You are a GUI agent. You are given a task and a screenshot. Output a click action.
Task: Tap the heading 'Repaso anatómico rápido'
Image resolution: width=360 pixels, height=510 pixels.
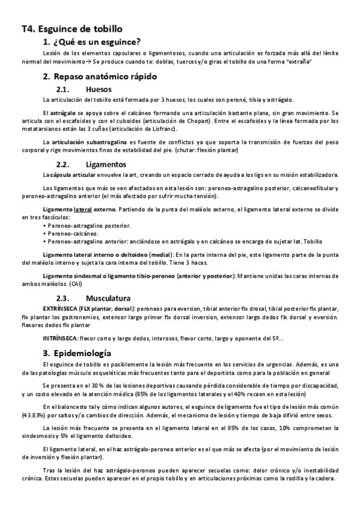(105, 76)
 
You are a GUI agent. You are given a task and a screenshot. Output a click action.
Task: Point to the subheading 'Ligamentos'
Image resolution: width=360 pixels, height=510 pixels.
(106, 164)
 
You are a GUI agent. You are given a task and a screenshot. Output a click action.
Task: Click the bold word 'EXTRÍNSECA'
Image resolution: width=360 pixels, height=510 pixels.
(61, 309)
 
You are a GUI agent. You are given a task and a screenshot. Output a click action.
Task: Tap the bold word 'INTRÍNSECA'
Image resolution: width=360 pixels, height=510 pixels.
(59, 339)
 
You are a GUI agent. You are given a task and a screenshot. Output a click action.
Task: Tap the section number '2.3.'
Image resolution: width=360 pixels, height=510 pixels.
(64, 298)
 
